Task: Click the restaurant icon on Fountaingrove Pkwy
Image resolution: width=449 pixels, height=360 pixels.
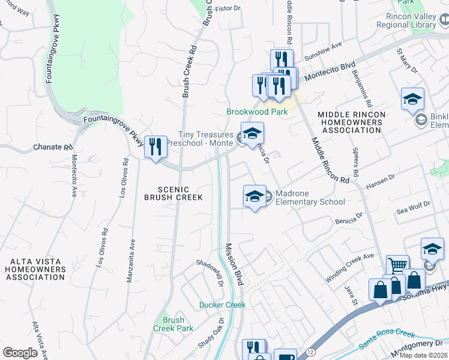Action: pos(155,145)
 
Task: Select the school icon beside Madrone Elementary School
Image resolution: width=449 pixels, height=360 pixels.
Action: pos(255,196)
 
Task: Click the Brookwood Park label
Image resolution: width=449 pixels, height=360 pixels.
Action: pos(257,112)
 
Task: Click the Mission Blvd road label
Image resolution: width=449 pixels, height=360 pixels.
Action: pos(235,264)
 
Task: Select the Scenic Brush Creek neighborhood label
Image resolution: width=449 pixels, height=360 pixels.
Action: pos(173,193)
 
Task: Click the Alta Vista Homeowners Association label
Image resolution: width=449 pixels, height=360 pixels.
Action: pos(32,269)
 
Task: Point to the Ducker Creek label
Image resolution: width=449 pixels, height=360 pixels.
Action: pos(223,305)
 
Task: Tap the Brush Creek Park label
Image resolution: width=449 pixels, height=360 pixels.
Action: pos(173,324)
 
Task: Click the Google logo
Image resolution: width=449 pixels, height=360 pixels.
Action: pos(20,353)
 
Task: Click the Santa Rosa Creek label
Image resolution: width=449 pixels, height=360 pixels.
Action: pos(387,341)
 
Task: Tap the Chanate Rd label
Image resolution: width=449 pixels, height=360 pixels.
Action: pos(47,147)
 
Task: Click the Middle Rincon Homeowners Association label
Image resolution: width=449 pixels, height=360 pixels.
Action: pos(351,122)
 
